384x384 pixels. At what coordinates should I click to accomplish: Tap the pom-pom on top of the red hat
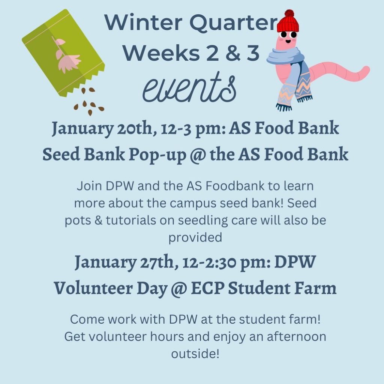pyautogui.click(x=289, y=13)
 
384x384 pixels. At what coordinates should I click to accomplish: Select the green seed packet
pyautogui.click(x=63, y=53)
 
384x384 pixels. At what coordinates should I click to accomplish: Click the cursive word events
pyautogui.click(x=189, y=88)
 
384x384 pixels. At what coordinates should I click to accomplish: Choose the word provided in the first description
pyautogui.click(x=195, y=238)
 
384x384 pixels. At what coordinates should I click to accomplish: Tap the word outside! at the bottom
pyautogui.click(x=195, y=353)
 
